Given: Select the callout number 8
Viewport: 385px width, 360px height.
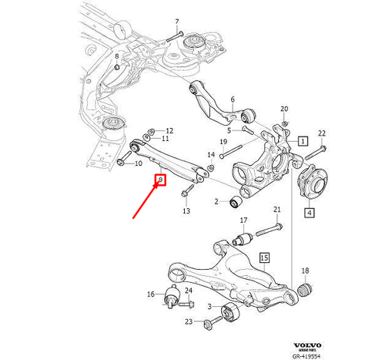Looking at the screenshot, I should click(117, 57).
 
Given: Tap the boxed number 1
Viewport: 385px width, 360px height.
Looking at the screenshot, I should click(303, 142).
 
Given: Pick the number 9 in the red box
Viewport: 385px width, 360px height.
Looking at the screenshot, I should click(159, 181).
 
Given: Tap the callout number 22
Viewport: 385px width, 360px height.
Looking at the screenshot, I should click(322, 133).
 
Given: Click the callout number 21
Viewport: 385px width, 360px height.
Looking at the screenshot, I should click(277, 210).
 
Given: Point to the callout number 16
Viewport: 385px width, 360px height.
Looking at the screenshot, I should click(150, 294).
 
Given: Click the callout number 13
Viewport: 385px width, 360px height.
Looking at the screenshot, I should click(186, 210).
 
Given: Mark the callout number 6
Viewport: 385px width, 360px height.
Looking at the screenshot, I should click(233, 99).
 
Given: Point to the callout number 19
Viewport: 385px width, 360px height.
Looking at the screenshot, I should click(223, 142).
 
